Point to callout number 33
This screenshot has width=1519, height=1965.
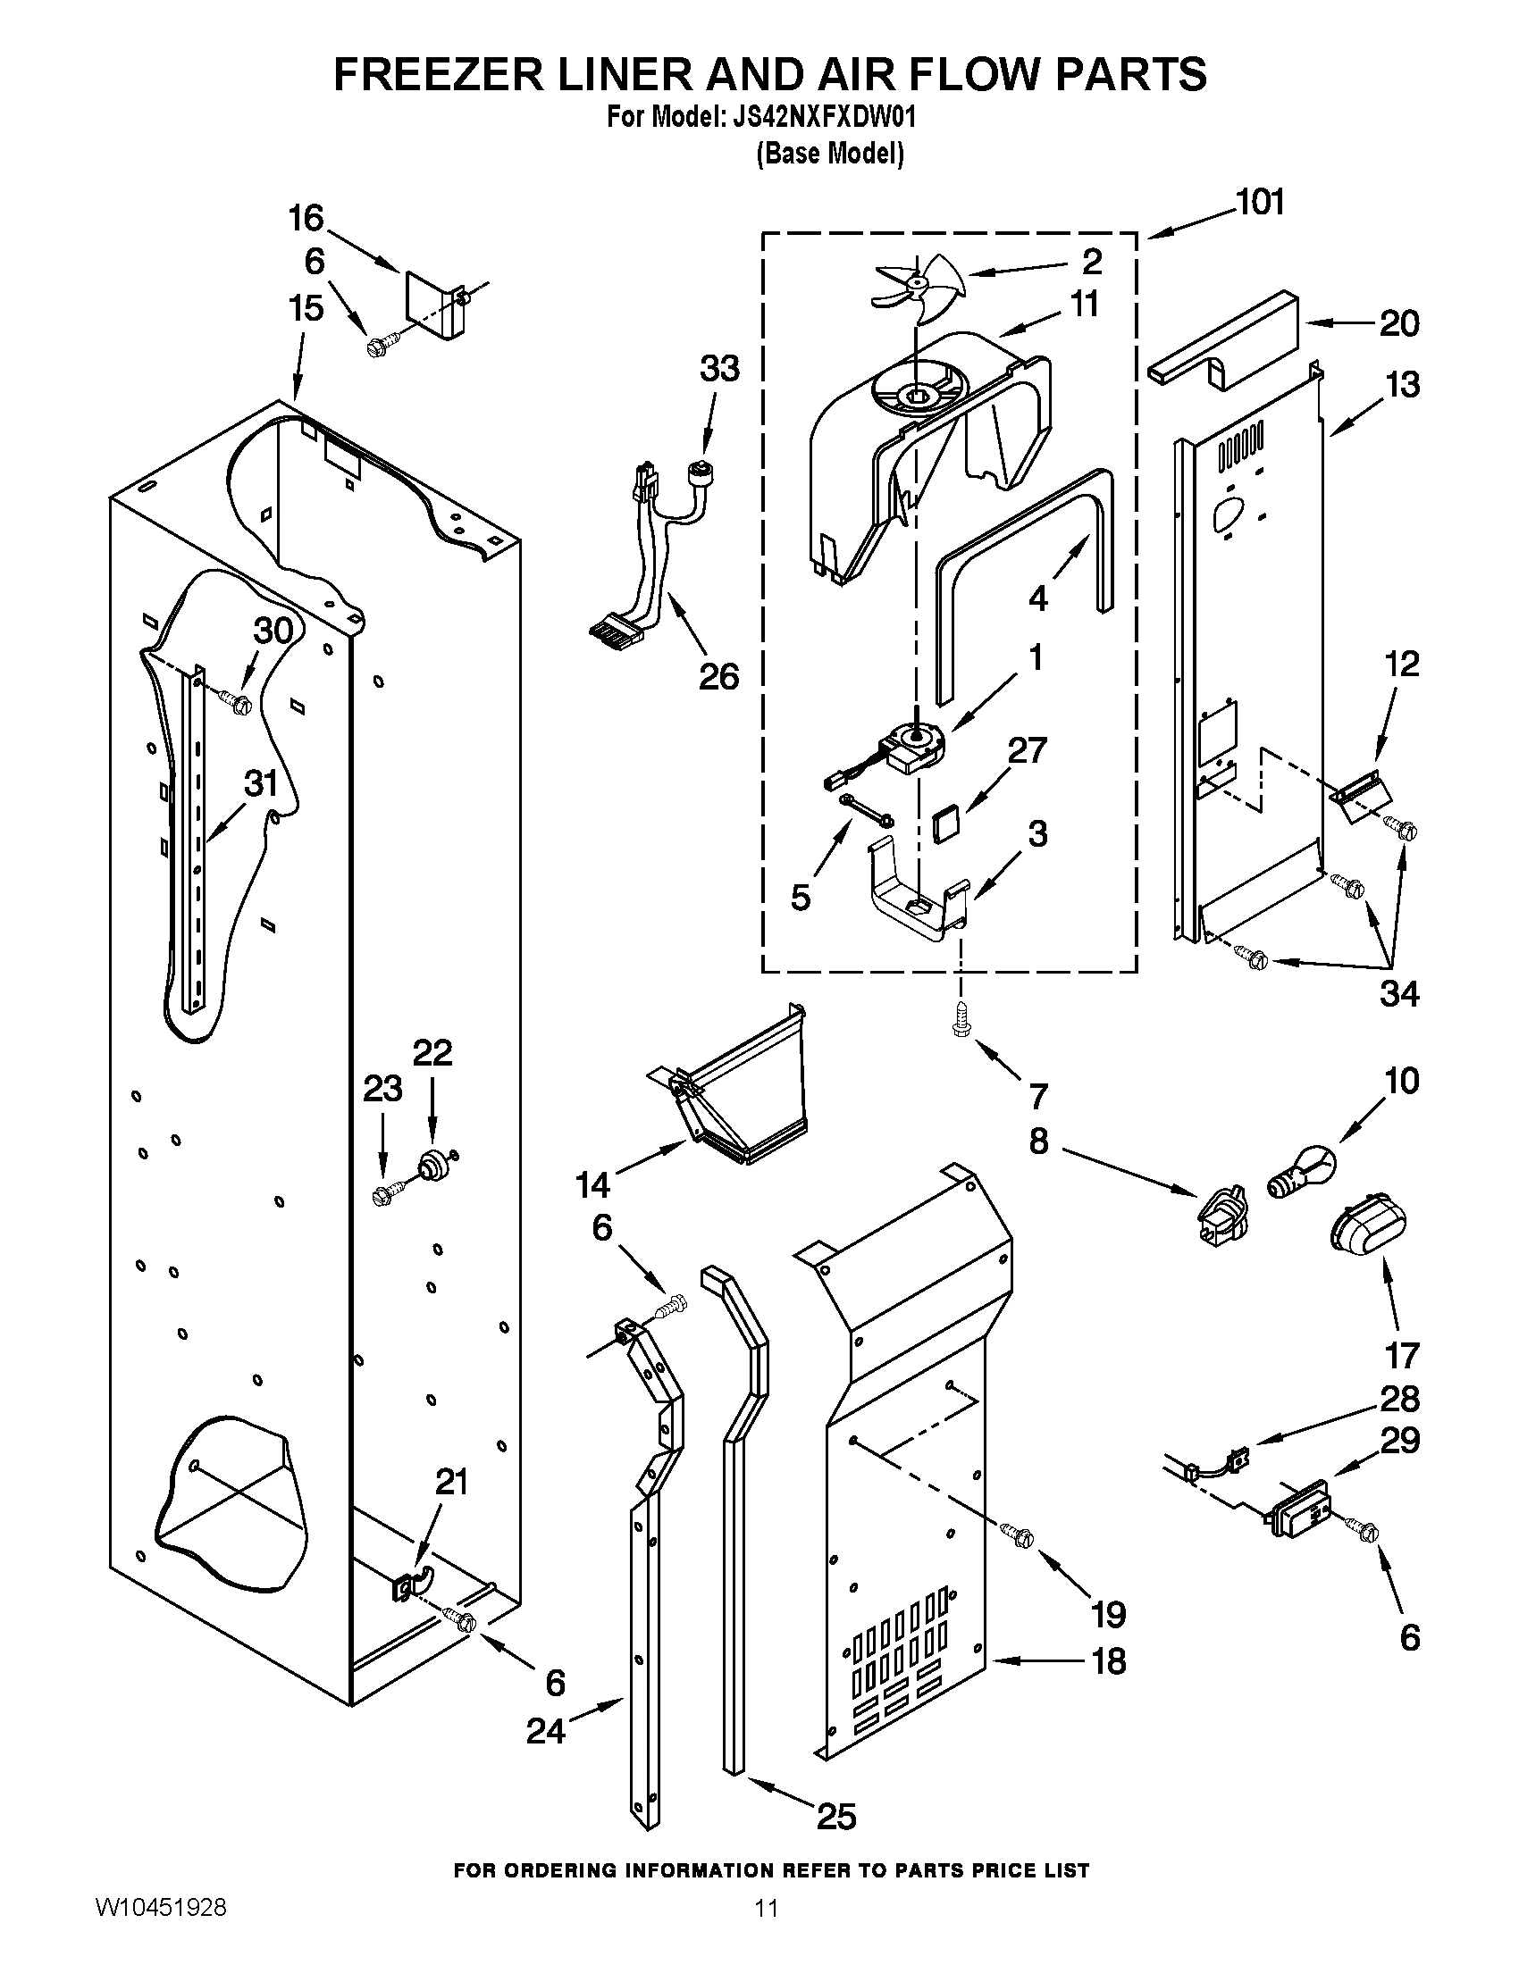click(x=719, y=368)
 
